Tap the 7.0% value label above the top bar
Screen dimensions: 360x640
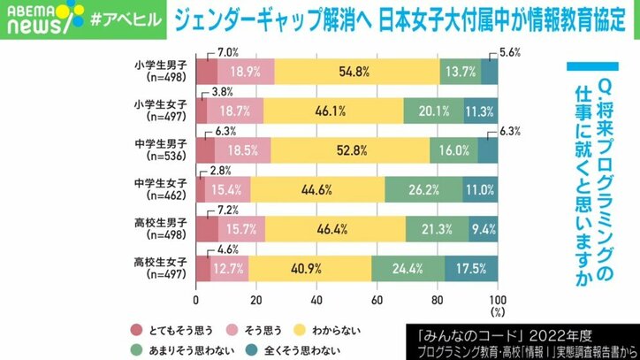tap(203, 52)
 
